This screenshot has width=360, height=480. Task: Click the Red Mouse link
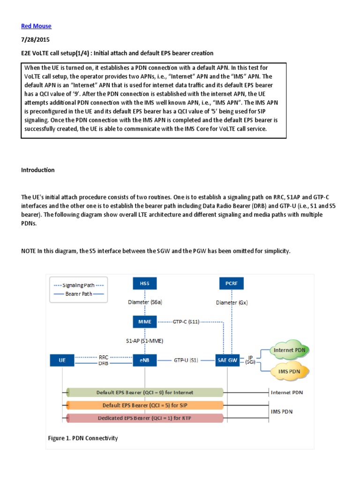click(36, 26)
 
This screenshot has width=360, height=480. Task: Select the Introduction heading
click(38, 170)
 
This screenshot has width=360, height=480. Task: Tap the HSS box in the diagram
click(145, 284)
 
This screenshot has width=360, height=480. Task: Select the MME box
click(145, 322)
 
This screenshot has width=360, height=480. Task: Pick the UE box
click(62, 360)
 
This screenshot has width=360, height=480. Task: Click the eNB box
click(145, 360)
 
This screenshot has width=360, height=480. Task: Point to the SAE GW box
click(226, 360)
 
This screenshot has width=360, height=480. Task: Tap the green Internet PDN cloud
click(290, 350)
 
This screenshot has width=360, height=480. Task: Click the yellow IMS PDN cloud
click(290, 371)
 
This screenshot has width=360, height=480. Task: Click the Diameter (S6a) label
click(145, 302)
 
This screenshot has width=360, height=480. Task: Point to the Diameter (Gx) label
click(232, 302)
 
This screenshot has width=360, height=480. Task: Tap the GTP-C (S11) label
click(186, 322)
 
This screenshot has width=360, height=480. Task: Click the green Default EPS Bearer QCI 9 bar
click(145, 392)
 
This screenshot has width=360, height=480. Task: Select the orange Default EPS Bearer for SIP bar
click(145, 405)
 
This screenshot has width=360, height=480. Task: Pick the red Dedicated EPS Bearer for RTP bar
click(145, 418)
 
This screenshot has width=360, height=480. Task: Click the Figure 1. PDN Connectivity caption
click(83, 438)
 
